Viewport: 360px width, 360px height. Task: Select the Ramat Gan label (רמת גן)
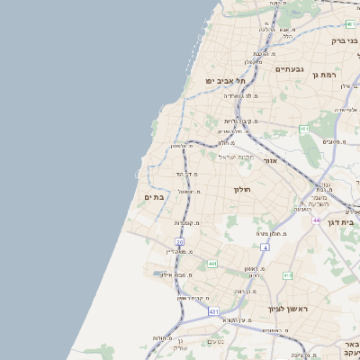pyautogui.click(x=345, y=75)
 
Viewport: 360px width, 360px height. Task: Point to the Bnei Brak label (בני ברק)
pyautogui.click(x=343, y=40)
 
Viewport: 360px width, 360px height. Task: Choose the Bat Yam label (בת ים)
pyautogui.click(x=153, y=197)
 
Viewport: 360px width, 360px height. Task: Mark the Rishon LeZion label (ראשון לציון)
pyautogui.click(x=288, y=309)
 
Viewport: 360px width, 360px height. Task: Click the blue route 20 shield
pyautogui.click(x=179, y=242)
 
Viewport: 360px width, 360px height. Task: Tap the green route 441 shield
pyautogui.click(x=211, y=263)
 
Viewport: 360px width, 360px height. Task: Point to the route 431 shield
pyautogui.click(x=213, y=311)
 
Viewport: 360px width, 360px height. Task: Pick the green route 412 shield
pyautogui.click(x=287, y=275)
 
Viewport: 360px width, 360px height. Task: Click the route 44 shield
pyautogui.click(x=316, y=220)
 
